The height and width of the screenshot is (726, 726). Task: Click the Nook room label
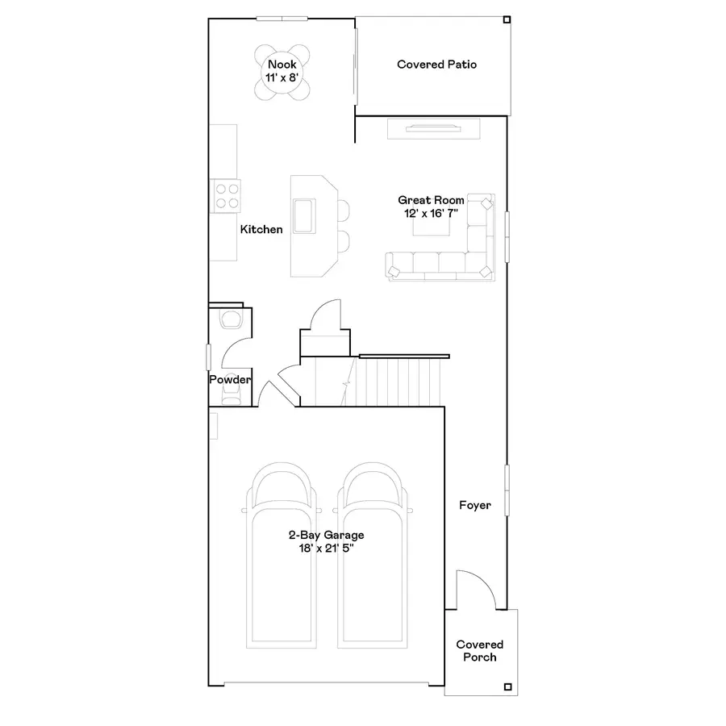tap(282, 64)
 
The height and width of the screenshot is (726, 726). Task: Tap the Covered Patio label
tap(436, 64)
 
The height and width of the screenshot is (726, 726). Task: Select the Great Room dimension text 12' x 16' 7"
tap(431, 213)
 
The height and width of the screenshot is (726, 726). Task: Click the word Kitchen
tap(261, 229)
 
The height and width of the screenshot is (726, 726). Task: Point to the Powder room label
tap(230, 379)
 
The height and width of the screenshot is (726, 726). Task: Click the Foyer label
tap(475, 506)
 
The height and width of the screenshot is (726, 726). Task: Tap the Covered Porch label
tap(479, 650)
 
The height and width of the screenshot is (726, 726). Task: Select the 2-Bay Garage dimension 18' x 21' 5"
tap(326, 548)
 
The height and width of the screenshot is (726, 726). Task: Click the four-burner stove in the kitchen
tap(227, 194)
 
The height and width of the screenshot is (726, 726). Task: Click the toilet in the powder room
tap(230, 319)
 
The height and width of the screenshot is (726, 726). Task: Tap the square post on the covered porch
tap(507, 686)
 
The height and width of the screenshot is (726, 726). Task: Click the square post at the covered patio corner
tap(507, 20)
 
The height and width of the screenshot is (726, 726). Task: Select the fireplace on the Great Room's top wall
tap(433, 127)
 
